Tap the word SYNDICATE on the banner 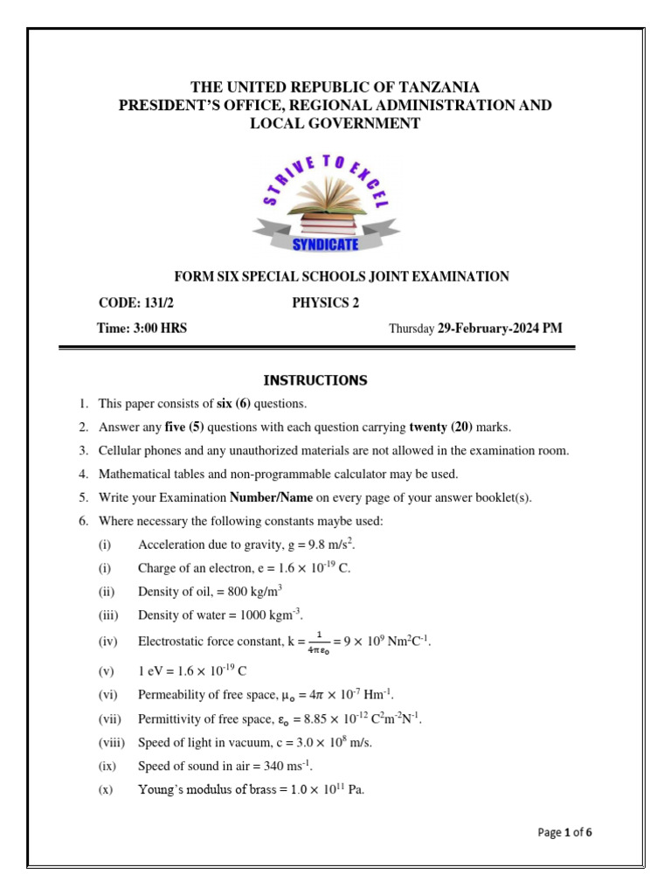tap(327, 245)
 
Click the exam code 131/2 tap(164, 303)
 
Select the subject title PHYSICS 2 tap(325, 303)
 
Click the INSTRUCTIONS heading tap(315, 380)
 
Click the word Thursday tap(412, 330)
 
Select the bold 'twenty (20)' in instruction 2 tap(441, 427)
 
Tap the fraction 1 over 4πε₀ tap(319, 642)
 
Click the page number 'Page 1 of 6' tap(564, 832)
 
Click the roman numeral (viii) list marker tap(112, 743)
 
